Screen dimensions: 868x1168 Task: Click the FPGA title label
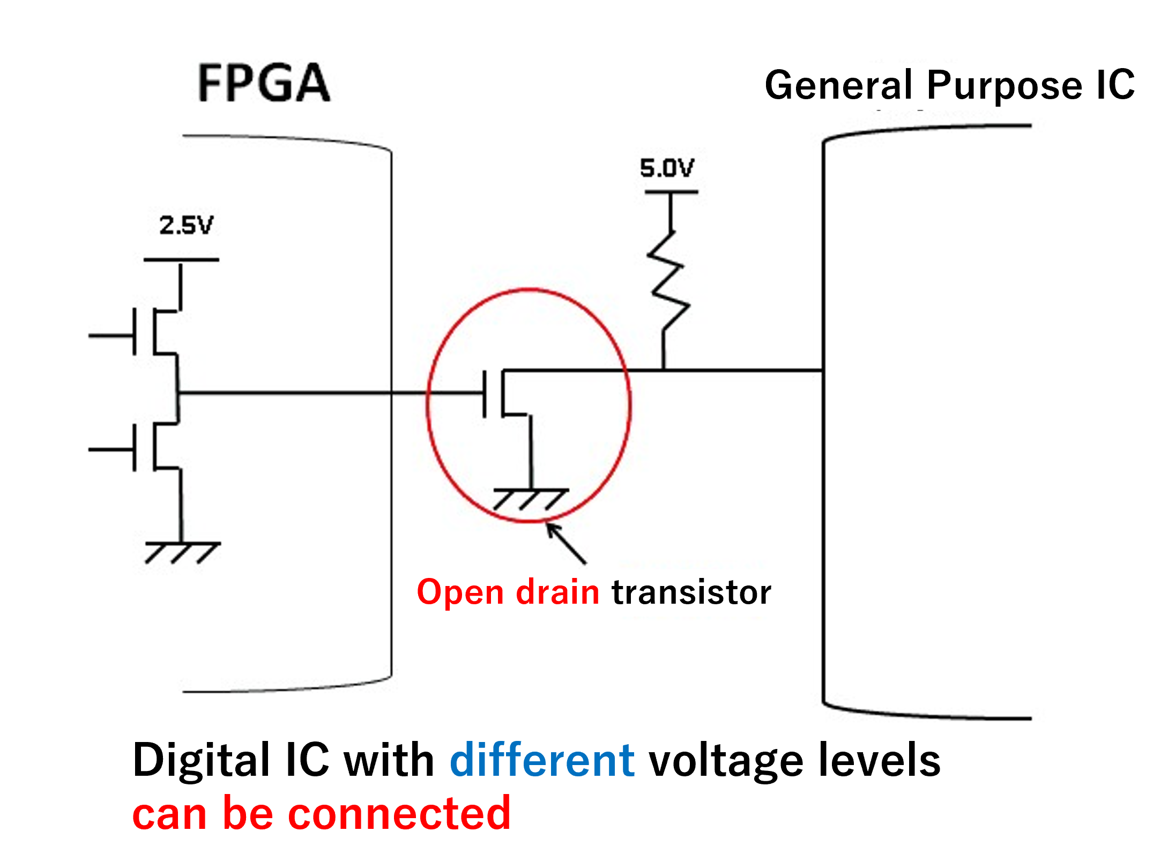264,83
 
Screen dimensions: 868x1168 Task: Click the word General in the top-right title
838,85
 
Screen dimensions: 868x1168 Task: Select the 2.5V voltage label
186,225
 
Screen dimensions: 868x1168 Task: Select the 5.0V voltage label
667,168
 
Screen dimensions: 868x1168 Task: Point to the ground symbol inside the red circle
530,499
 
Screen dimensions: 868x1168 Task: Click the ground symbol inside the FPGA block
182,552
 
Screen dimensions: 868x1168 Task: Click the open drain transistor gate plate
485,394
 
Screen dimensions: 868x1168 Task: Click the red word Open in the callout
460,592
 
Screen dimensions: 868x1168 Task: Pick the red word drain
557,592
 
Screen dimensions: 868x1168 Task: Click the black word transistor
691,592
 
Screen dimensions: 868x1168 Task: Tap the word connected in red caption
399,813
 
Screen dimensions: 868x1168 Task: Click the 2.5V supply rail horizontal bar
181,260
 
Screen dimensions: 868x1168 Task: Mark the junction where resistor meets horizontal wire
664,370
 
